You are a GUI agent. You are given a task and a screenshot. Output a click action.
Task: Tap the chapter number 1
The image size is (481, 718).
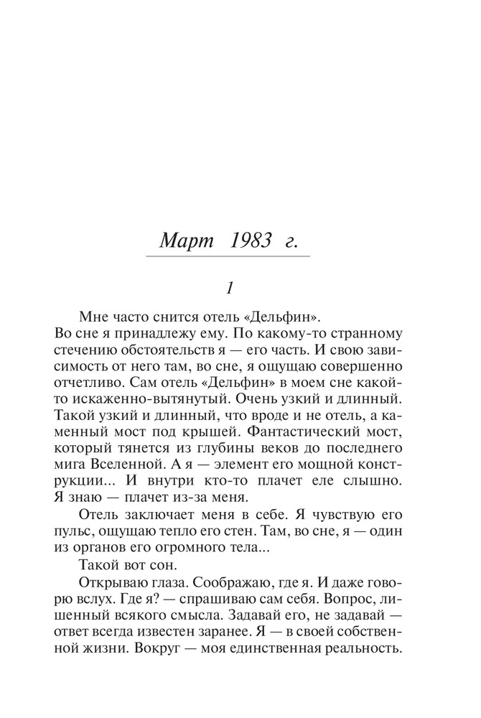point(228,289)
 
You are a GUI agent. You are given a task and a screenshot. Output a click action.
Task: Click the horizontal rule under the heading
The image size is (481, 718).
point(228,256)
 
